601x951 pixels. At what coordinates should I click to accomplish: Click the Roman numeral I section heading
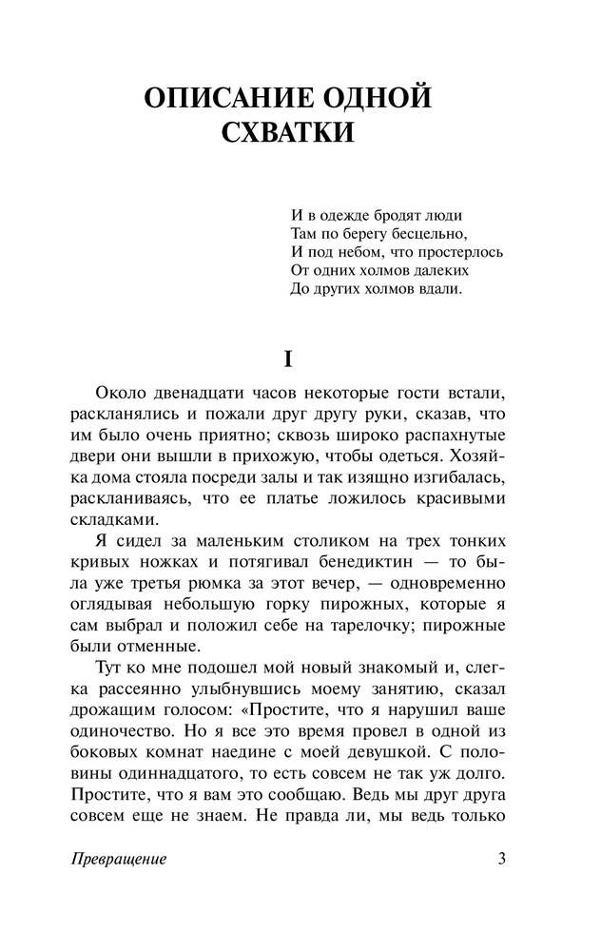coord(286,360)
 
